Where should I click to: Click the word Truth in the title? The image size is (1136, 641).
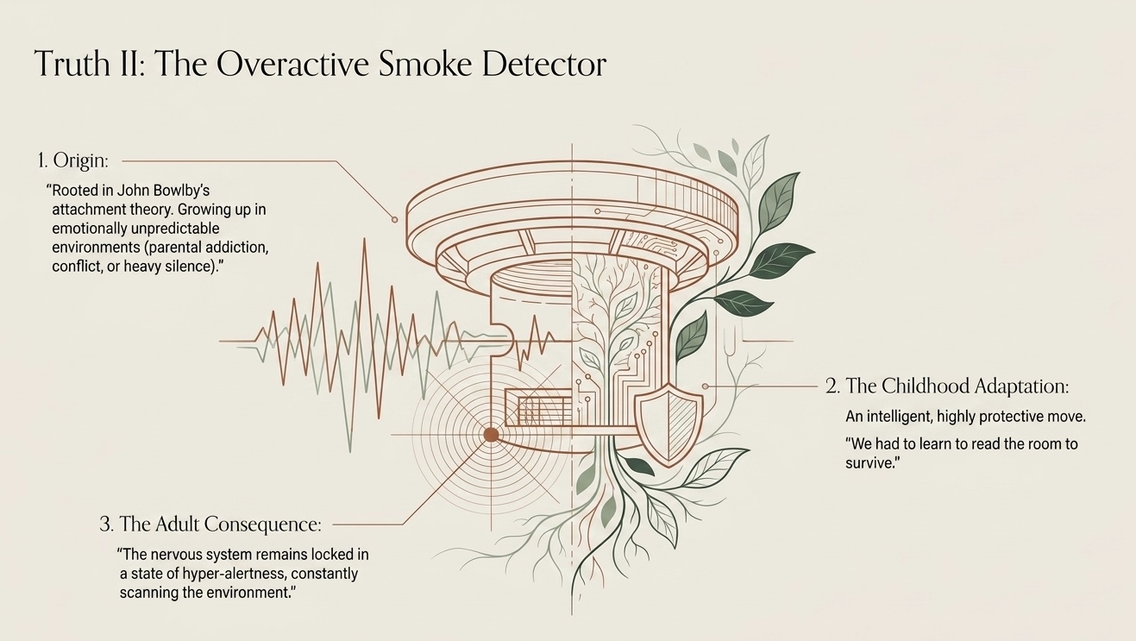coord(73,64)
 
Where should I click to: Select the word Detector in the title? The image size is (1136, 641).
coord(544,64)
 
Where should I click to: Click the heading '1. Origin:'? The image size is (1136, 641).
coord(73,160)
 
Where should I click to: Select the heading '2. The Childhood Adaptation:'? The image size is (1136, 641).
coord(947,386)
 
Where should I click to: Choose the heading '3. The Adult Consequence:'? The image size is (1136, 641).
coord(210,525)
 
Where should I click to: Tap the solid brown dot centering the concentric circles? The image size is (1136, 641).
coord(491,435)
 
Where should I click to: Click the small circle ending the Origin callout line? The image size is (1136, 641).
coord(394,220)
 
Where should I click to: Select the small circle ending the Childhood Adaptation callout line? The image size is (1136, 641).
coord(706,386)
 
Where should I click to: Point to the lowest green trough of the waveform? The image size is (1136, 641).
coord(350,450)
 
